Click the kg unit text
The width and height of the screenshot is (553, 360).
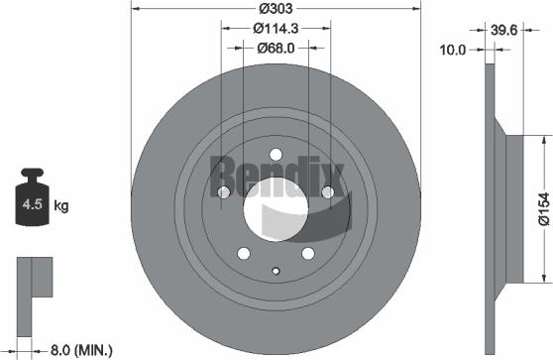61,206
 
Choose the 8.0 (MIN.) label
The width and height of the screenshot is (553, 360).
81,349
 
